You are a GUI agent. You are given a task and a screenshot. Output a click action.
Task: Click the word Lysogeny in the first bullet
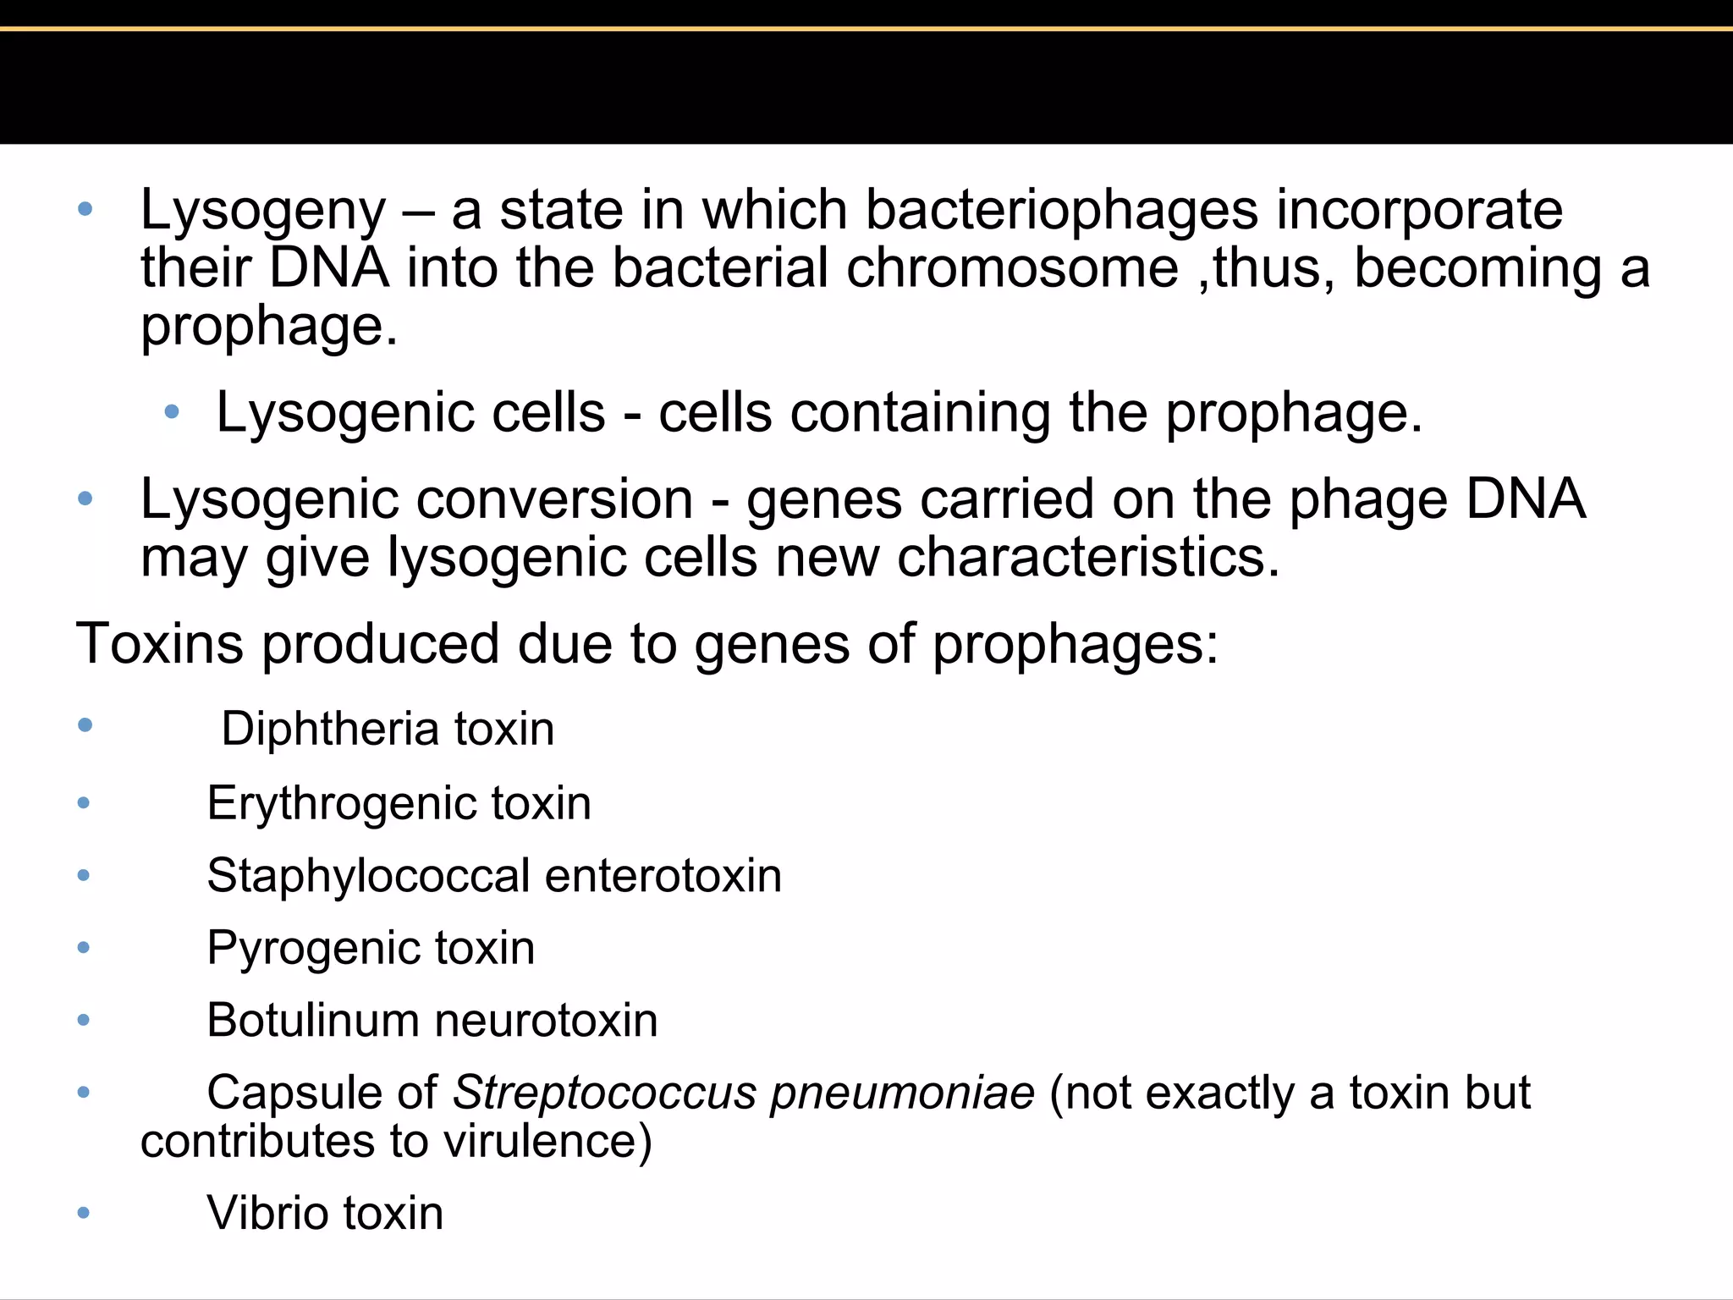coord(262,212)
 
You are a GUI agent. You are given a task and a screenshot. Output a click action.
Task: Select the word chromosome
coord(1012,268)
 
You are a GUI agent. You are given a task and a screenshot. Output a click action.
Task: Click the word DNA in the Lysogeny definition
coord(329,268)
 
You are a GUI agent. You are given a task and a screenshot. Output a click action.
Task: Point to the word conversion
coord(554,499)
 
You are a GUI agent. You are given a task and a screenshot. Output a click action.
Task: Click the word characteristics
coord(1088,558)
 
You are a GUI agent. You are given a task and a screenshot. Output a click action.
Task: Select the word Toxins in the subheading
coord(160,644)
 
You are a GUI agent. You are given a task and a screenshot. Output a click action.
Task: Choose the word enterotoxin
coord(663,875)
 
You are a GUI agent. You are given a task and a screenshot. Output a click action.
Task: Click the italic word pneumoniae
coord(902,1093)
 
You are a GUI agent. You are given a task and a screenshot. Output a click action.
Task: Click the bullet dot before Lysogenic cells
coord(172,412)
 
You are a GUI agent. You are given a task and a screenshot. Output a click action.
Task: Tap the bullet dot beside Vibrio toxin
coord(83,1213)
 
